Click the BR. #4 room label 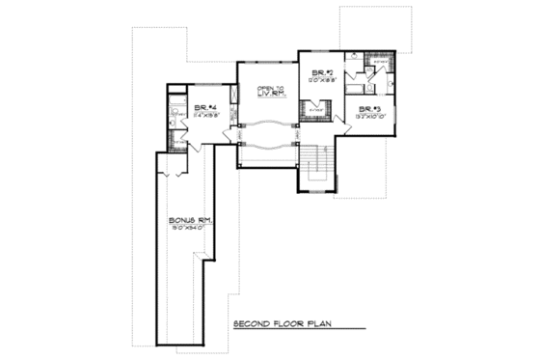tap(203, 107)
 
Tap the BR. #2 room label tap(322, 73)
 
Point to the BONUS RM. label tap(189, 220)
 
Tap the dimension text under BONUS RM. tap(189, 230)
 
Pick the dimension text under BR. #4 tap(203, 115)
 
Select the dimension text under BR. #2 tap(322, 82)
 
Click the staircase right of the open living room tap(316, 166)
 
